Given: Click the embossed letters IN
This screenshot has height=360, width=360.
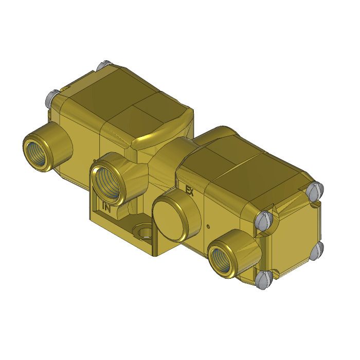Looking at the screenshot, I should (106, 208).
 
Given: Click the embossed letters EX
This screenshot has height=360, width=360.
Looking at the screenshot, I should (189, 190).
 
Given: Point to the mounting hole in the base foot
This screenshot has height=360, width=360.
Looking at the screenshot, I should (143, 233).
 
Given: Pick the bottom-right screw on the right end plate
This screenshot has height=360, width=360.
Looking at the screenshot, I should (318, 249).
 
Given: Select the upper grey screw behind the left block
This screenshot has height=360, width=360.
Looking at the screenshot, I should (101, 66).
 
